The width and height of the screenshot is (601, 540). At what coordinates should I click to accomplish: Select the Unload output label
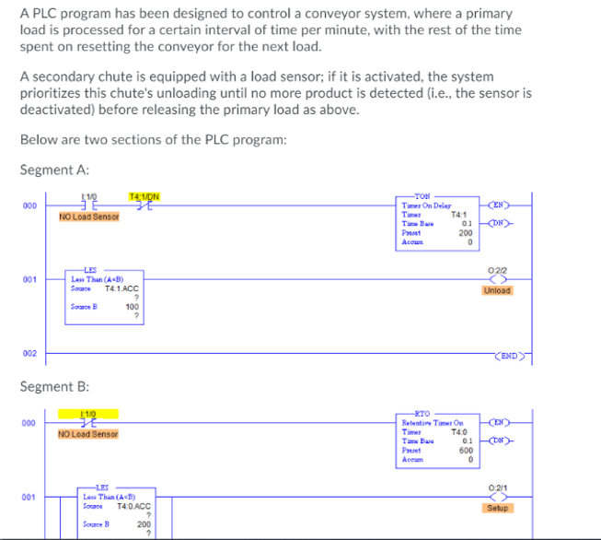(x=496, y=290)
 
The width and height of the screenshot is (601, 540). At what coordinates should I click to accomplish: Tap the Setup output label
(x=496, y=508)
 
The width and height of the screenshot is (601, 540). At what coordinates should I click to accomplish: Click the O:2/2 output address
(x=496, y=269)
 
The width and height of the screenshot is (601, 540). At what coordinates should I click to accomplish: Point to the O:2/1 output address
(x=496, y=487)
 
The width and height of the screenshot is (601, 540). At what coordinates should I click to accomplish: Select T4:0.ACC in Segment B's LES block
(x=134, y=505)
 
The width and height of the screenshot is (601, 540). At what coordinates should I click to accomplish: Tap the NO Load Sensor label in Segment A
(x=88, y=217)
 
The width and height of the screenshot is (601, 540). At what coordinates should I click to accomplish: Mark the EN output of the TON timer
(x=497, y=205)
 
